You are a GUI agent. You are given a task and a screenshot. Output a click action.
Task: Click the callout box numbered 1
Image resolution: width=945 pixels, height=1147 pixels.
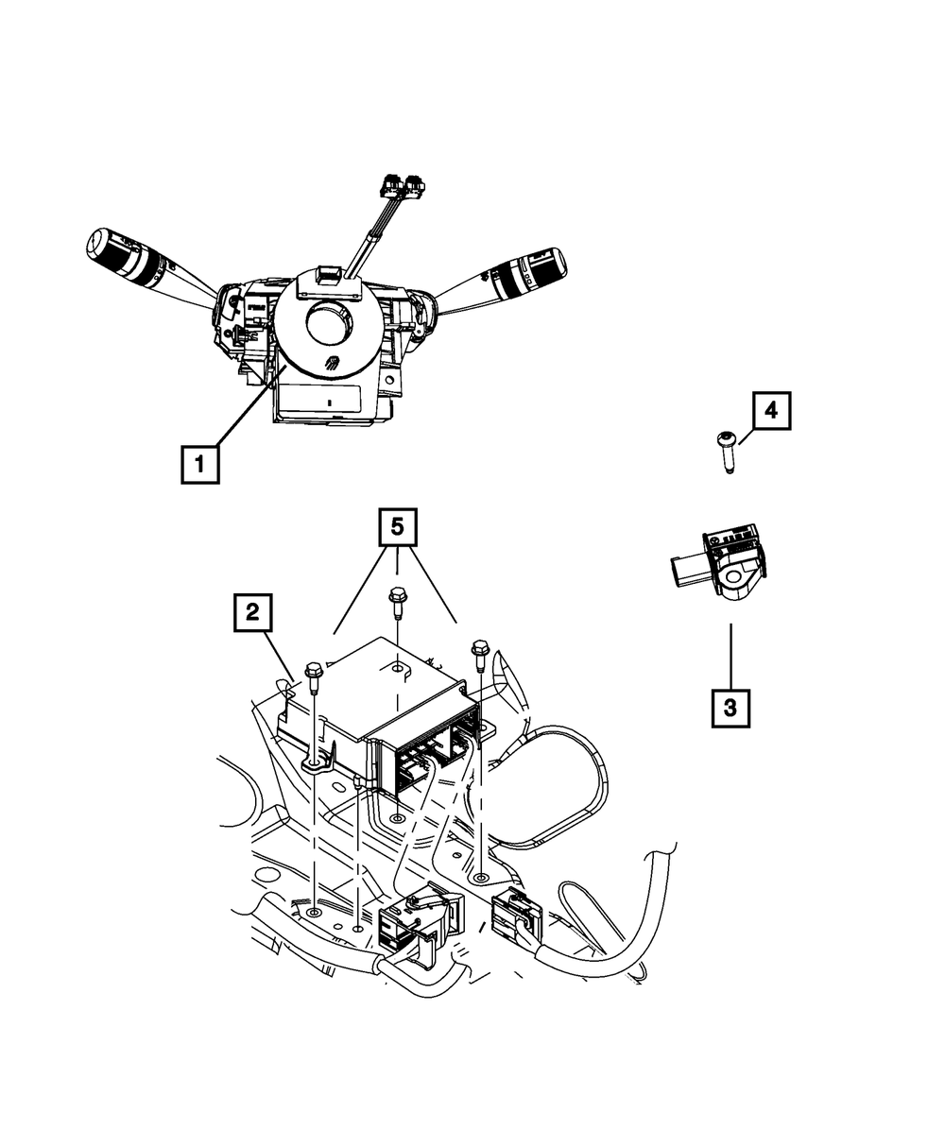click(x=199, y=465)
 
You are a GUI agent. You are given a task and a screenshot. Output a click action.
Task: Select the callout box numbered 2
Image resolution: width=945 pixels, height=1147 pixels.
click(x=251, y=613)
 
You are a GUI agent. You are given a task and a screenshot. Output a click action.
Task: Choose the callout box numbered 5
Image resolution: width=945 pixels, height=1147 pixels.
click(x=398, y=528)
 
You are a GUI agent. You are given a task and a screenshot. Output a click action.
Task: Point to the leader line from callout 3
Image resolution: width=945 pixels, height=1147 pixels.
click(x=730, y=656)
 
